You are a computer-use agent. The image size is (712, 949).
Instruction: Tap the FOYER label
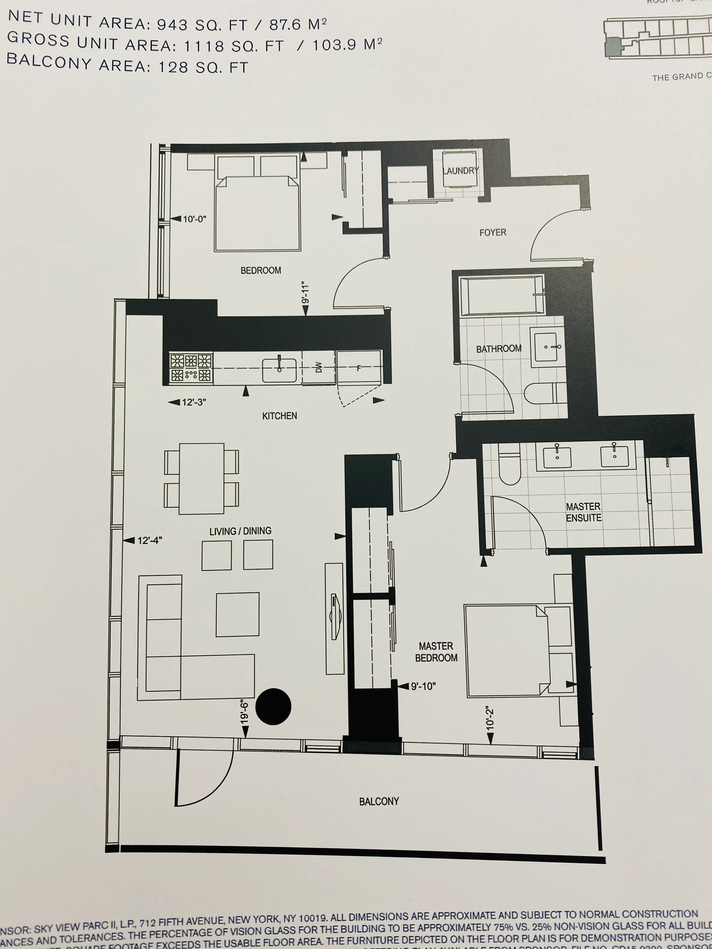493,233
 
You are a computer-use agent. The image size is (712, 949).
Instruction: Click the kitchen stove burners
191,368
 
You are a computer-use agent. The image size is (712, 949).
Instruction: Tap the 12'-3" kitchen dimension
194,402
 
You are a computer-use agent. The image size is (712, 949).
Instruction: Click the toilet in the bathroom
542,393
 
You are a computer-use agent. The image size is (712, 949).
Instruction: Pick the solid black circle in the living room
273,707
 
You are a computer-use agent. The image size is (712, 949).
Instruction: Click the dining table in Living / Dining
201,479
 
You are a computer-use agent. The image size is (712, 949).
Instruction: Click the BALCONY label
379,801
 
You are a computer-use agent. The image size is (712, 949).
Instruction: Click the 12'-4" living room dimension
149,541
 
